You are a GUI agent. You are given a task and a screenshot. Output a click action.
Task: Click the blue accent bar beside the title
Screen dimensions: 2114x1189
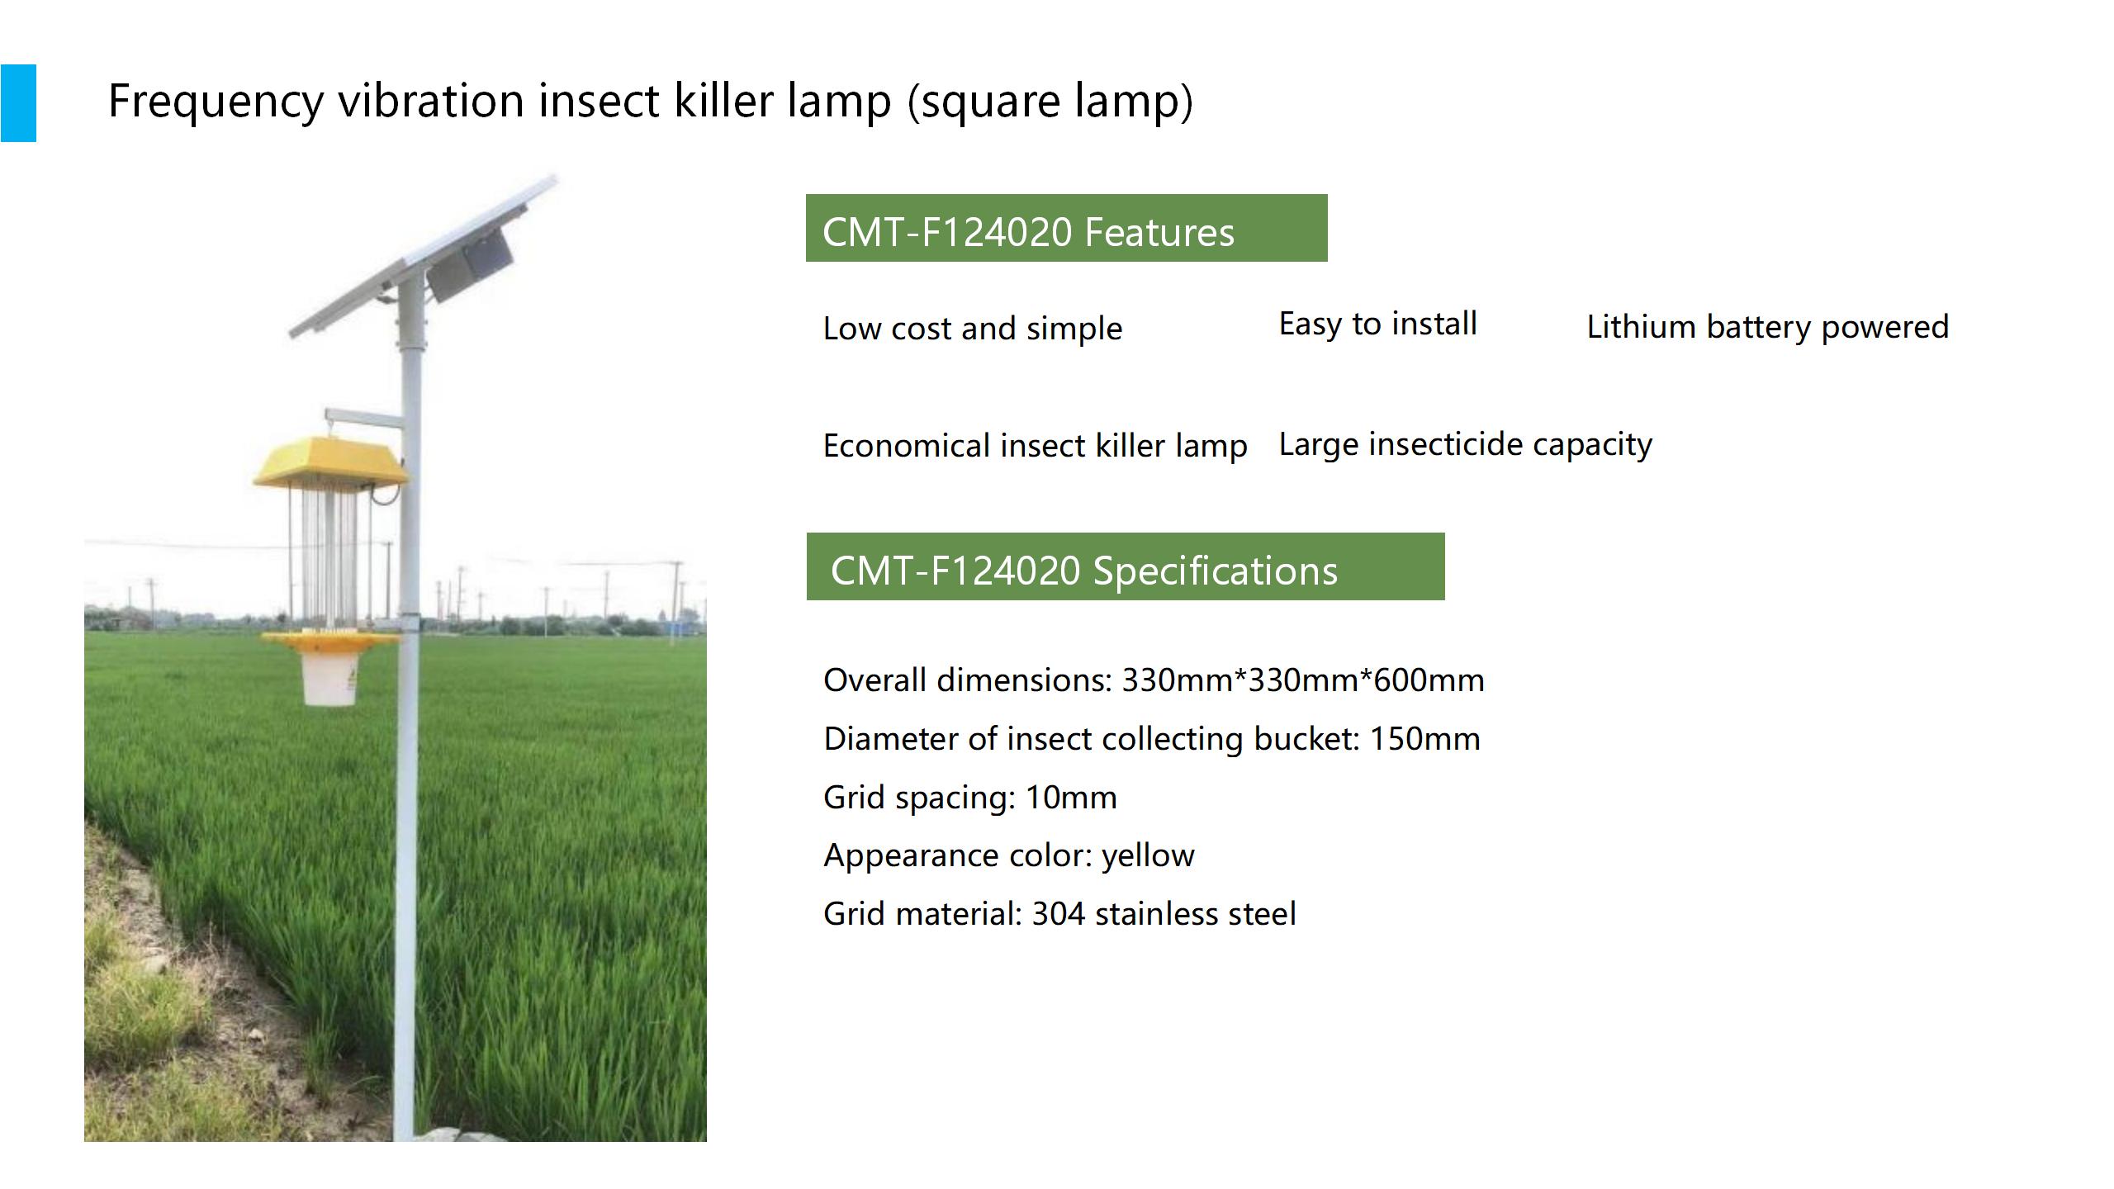click(18, 103)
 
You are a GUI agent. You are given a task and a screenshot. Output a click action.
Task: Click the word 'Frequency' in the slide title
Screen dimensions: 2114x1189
click(216, 102)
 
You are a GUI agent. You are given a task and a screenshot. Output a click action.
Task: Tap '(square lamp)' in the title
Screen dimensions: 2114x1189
click(1050, 102)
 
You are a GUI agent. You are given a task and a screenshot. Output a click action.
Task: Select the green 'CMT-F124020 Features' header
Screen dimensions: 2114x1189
click(1066, 228)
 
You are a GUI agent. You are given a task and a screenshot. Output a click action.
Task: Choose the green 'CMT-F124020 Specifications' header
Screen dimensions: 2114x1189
click(1126, 566)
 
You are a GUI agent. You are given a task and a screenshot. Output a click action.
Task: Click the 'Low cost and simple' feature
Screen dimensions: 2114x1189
click(973, 329)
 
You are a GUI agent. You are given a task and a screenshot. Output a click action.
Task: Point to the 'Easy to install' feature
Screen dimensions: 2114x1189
click(1378, 324)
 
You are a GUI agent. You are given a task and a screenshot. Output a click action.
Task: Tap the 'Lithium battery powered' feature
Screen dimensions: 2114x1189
click(1768, 327)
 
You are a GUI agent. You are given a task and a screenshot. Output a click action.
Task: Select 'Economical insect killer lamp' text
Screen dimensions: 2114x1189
click(1035, 446)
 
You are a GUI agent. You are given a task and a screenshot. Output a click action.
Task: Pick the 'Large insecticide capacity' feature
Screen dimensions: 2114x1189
click(1466, 444)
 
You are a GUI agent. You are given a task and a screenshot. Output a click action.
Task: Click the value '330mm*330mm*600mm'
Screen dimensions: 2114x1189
click(1303, 680)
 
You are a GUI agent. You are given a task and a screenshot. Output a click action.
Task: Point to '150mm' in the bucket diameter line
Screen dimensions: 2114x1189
click(1425, 739)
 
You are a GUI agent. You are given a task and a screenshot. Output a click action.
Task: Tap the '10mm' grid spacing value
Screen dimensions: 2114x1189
click(1071, 798)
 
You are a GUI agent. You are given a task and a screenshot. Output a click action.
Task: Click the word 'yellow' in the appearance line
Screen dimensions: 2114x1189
click(1148, 856)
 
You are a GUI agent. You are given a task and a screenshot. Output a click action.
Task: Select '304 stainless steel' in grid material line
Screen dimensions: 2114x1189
click(1164, 914)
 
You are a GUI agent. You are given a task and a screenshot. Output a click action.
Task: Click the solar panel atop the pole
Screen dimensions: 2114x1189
click(423, 256)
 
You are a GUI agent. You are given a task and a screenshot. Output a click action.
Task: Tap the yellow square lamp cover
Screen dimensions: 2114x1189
click(330, 463)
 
